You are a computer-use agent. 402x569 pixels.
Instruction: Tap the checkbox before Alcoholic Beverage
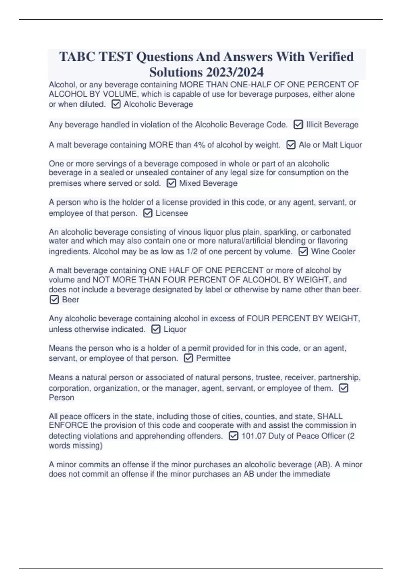click(116, 104)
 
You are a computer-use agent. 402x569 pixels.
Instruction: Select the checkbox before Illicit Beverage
click(298, 125)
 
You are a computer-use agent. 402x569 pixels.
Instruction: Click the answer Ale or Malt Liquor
click(330, 145)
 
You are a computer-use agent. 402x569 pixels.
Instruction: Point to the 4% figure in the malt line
click(199, 145)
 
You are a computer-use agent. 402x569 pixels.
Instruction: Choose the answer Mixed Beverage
click(208, 183)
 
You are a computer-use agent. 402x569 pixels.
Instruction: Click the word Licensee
click(172, 213)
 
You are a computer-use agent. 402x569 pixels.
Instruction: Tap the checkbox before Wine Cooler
click(303, 251)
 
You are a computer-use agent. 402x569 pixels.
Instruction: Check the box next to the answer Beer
click(54, 300)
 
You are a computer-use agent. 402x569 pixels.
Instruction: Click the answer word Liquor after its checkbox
click(175, 329)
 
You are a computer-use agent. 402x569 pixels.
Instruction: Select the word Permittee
click(213, 358)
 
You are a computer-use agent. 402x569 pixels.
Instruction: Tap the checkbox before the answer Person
click(344, 388)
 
